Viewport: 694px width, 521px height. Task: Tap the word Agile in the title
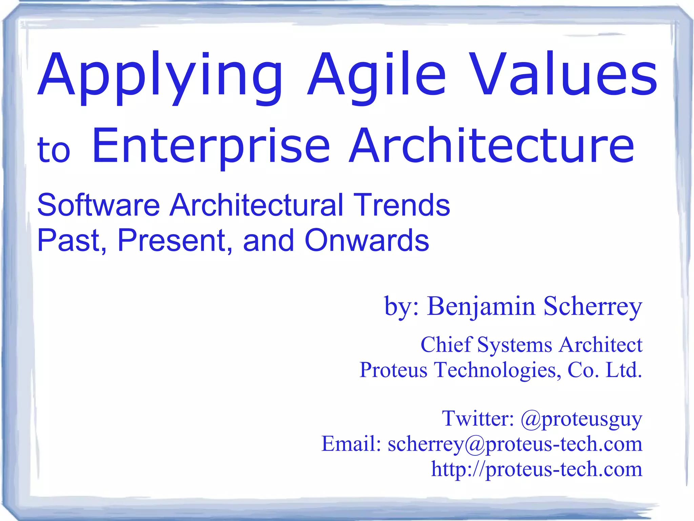[x=376, y=76]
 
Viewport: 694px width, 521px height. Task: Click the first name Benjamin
[x=481, y=306]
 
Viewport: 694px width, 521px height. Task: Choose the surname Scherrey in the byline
[x=593, y=306]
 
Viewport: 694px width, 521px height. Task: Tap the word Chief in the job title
[x=446, y=345]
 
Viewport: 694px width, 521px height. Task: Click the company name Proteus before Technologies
[x=393, y=370]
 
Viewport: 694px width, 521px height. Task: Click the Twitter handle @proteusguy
[x=581, y=419]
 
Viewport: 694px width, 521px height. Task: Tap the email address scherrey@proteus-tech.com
[x=515, y=444]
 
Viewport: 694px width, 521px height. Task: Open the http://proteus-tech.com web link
[x=536, y=469]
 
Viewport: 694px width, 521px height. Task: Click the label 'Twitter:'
[x=478, y=418]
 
